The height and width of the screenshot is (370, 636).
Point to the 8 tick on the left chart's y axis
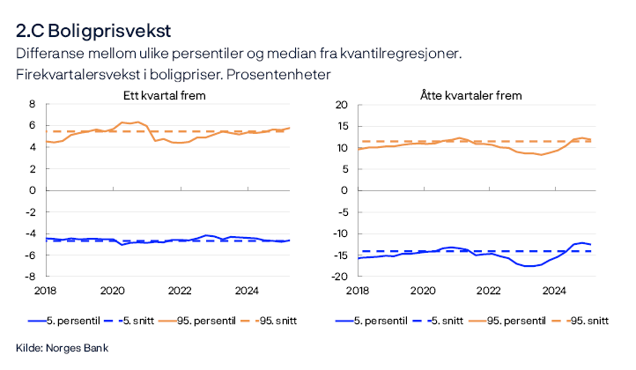coord(32,104)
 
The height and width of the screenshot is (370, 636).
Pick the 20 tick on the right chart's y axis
coord(342,104)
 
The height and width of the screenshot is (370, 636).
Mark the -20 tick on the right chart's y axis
coord(340,276)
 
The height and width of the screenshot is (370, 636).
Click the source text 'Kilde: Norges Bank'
coord(62,348)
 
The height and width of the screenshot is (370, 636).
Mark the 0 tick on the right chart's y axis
coord(345,190)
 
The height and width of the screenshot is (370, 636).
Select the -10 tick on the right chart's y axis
coord(340,233)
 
